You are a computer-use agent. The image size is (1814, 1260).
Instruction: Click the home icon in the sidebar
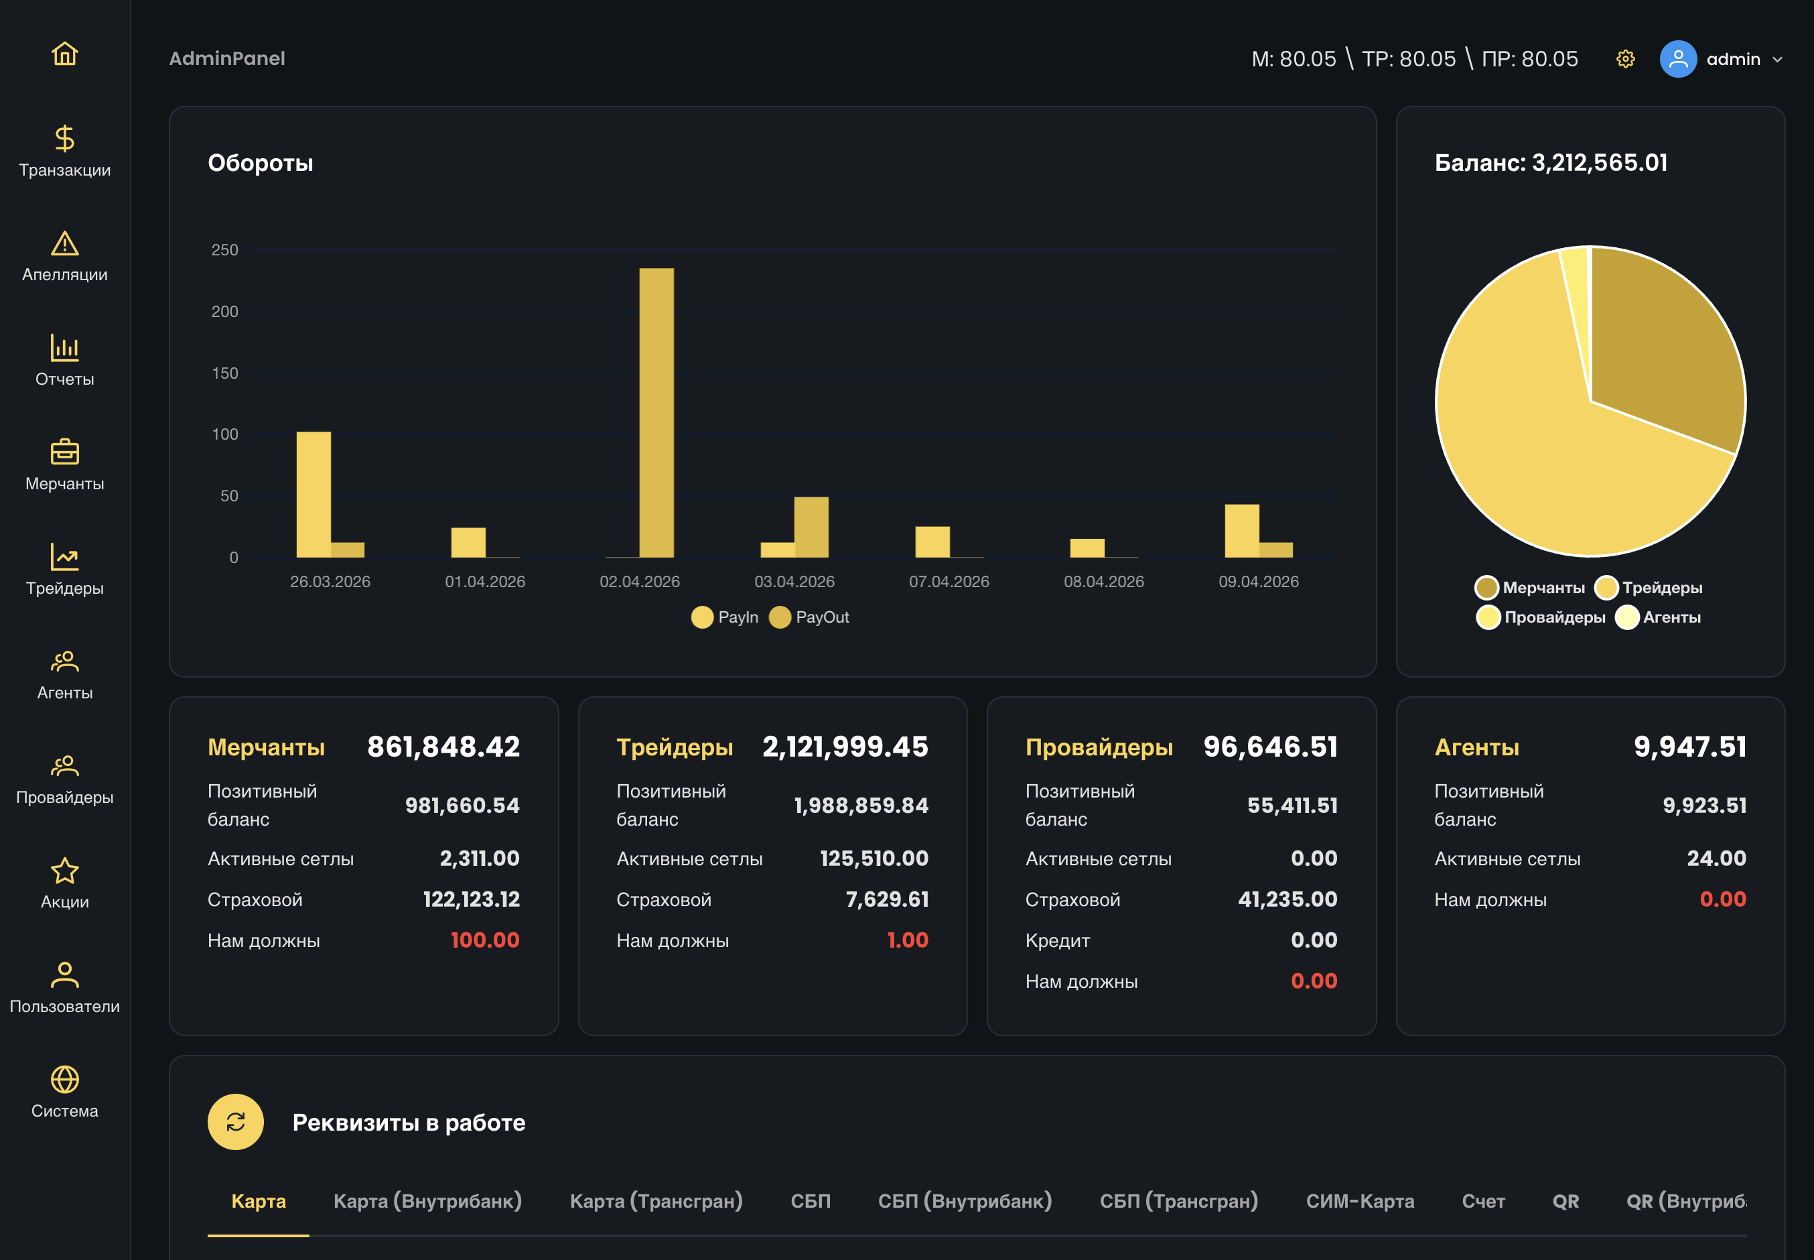65,54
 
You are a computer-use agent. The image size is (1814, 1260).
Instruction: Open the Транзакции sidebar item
65,151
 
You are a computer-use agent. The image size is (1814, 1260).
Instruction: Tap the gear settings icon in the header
1625,59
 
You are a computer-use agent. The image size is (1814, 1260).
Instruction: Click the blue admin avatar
1678,59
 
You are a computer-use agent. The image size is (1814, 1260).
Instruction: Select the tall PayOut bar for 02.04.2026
656,413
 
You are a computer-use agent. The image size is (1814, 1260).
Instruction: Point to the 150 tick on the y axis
225,373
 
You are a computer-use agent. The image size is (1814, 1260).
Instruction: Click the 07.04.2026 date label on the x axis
949,582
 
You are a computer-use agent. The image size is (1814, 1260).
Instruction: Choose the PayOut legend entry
810,617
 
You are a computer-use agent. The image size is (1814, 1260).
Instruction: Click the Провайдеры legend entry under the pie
1541,617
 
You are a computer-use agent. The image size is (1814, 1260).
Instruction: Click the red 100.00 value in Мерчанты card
484,940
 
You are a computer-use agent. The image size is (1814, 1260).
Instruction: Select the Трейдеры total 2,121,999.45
845,747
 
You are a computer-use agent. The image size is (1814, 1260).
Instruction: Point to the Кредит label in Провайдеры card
1057,940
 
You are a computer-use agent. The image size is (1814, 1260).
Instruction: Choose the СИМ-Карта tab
1360,1201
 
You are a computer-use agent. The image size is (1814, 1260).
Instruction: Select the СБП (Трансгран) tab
1179,1201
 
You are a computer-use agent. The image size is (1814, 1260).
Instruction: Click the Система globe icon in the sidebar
65,1079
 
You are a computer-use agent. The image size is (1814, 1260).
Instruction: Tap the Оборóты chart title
261,163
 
